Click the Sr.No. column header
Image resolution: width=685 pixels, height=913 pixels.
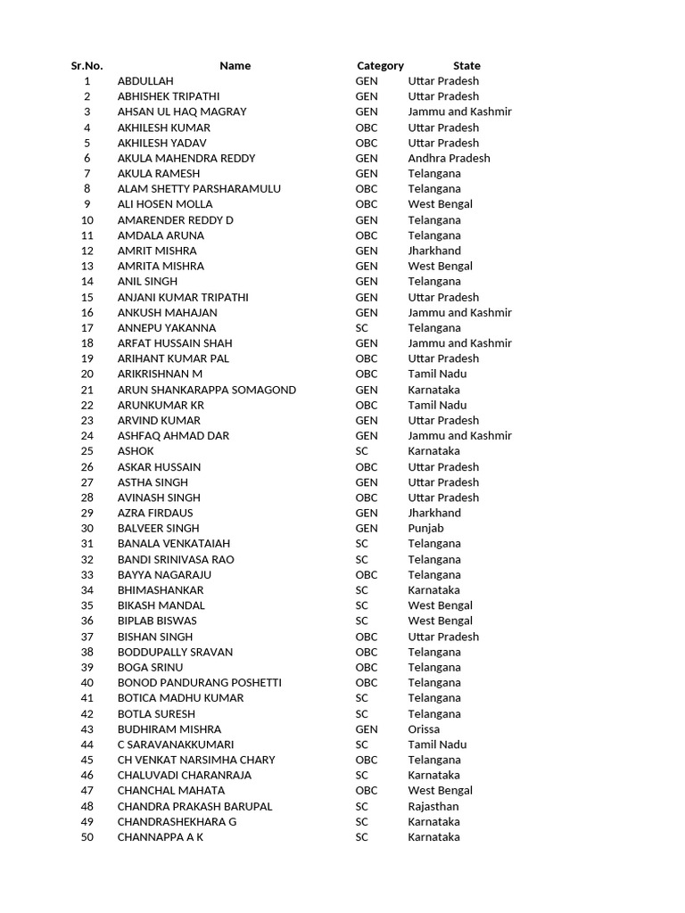(x=87, y=65)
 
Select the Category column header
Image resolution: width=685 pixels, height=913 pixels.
(x=380, y=65)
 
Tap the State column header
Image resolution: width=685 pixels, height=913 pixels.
(x=466, y=65)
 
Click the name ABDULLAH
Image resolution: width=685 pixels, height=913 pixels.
(x=145, y=81)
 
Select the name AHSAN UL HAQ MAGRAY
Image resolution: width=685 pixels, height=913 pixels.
(x=182, y=111)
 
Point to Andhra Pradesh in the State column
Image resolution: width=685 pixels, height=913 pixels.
(x=449, y=158)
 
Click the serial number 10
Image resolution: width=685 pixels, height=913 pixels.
(x=87, y=220)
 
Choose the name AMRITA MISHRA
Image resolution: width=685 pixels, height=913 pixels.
(x=161, y=266)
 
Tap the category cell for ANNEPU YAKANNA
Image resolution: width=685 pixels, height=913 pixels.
(x=361, y=328)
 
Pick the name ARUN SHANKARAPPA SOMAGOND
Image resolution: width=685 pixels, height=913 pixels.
(x=207, y=390)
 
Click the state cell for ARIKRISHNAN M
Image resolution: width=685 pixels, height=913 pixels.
(x=437, y=374)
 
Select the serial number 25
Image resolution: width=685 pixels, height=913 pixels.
(x=87, y=451)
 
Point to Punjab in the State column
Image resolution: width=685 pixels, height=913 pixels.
(x=425, y=529)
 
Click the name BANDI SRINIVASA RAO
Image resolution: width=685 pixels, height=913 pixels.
(x=176, y=559)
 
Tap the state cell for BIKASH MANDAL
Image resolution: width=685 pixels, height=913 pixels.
(x=441, y=605)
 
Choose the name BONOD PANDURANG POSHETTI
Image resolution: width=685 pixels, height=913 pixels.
(x=200, y=683)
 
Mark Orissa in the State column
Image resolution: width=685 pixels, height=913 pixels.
(x=424, y=729)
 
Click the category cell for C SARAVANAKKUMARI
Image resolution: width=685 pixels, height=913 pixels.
(x=361, y=744)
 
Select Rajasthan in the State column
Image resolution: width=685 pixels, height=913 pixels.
(x=433, y=806)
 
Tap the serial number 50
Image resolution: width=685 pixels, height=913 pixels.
(x=87, y=837)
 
